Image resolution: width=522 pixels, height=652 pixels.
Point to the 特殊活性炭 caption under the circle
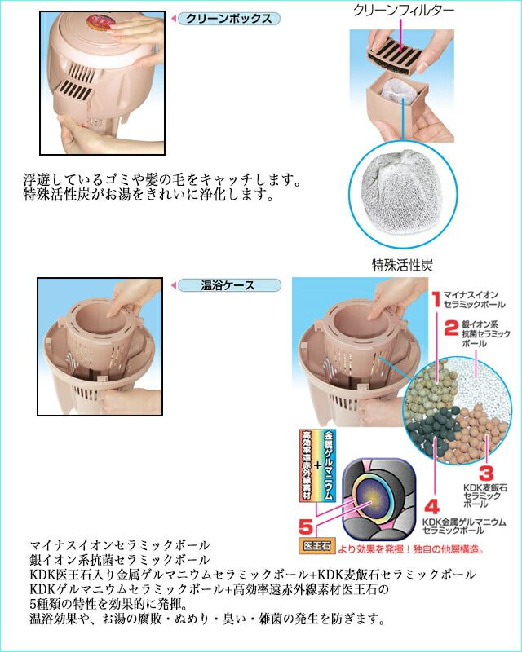402,265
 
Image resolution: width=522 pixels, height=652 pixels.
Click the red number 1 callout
436,299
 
